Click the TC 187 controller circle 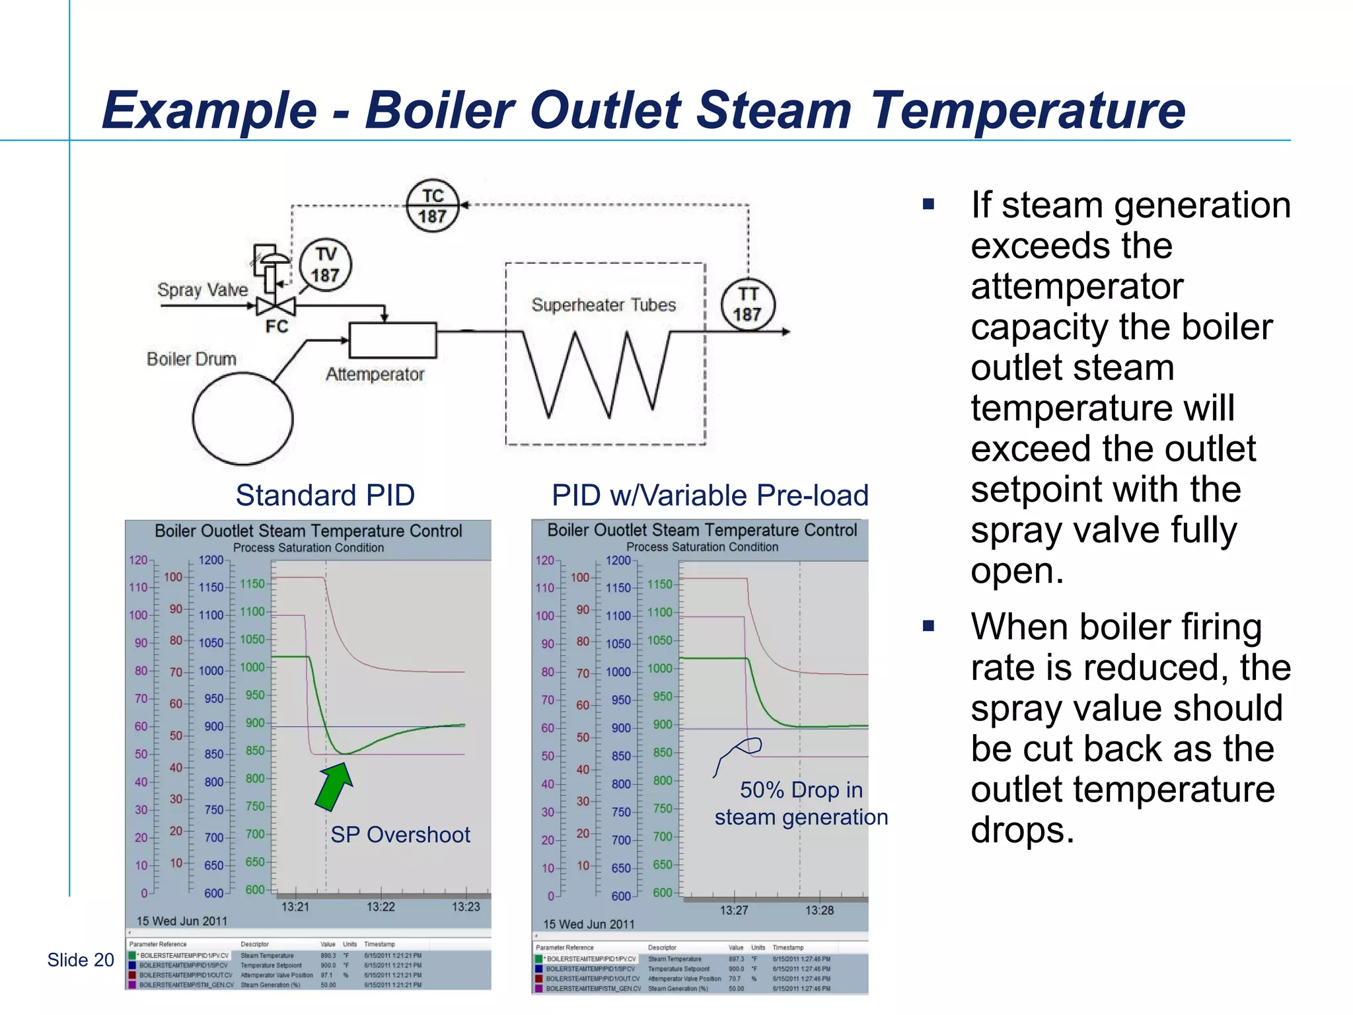click(432, 206)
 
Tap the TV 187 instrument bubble click(325, 264)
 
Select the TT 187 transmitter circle click(747, 305)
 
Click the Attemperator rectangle click(392, 340)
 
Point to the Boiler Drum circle click(242, 418)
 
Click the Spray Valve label click(202, 289)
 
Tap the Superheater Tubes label click(603, 305)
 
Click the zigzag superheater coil click(598, 373)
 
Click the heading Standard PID click(325, 495)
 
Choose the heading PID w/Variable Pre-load click(710, 495)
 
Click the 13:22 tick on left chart click(381, 906)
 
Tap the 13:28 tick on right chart click(819, 910)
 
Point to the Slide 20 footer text click(81, 959)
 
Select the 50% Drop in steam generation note click(801, 804)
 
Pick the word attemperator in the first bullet click(1076, 286)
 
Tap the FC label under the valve click(276, 326)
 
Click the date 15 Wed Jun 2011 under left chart click(182, 921)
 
